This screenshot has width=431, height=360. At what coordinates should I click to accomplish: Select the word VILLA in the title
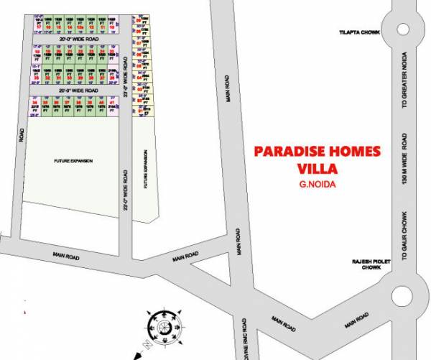317,170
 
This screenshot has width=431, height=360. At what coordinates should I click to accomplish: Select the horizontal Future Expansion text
73,160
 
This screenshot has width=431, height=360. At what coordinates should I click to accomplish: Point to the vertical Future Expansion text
145,170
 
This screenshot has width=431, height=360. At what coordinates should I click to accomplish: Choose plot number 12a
80,26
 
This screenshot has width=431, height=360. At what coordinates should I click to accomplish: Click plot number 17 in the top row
37,26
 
